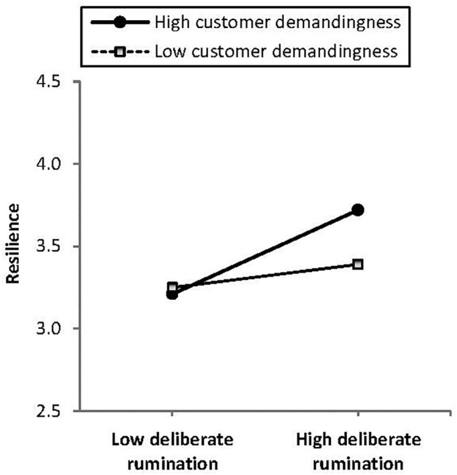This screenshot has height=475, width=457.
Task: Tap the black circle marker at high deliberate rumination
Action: tap(358, 210)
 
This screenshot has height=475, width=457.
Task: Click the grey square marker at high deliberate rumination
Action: tap(358, 264)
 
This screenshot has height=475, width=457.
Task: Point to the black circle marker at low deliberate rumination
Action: tap(172, 293)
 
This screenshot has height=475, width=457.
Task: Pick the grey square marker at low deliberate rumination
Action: tap(172, 287)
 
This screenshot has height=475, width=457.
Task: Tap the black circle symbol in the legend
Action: tap(120, 22)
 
